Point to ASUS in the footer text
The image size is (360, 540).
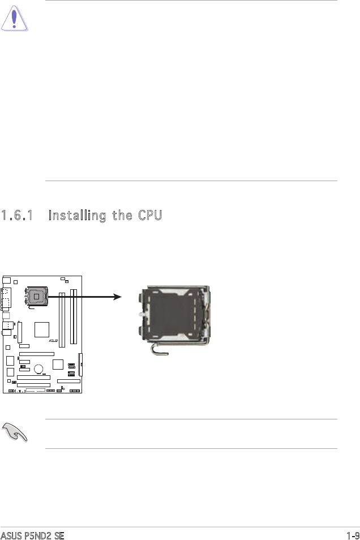point(11,535)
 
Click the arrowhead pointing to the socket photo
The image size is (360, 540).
point(117,295)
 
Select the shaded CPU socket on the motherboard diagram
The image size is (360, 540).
point(36,297)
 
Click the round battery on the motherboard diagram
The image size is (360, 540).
point(39,369)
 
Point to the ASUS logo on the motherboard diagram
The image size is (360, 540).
point(54,341)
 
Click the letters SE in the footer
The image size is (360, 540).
point(58,535)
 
